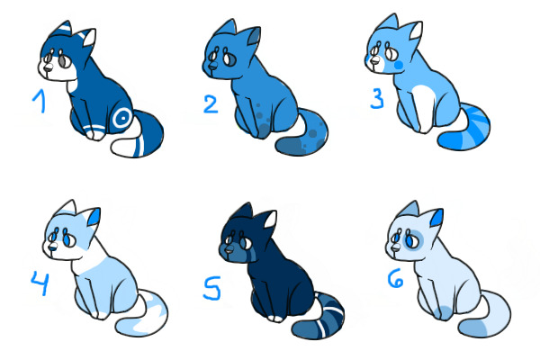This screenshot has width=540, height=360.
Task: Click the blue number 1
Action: [40, 100]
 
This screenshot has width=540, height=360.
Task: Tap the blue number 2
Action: [211, 104]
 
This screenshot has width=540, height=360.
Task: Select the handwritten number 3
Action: [377, 98]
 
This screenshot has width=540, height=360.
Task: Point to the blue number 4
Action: [40, 283]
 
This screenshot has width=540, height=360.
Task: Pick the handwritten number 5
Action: [211, 288]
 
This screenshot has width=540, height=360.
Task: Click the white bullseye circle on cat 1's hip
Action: [121, 118]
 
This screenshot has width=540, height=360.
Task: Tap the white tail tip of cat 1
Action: [123, 147]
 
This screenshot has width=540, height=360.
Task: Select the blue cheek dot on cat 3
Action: [399, 65]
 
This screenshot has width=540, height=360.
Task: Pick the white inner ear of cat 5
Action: [270, 220]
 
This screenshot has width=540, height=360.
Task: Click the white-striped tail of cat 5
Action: [319, 318]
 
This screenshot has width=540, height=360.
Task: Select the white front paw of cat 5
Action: [275, 319]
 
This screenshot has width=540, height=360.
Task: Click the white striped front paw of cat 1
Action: [94, 132]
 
